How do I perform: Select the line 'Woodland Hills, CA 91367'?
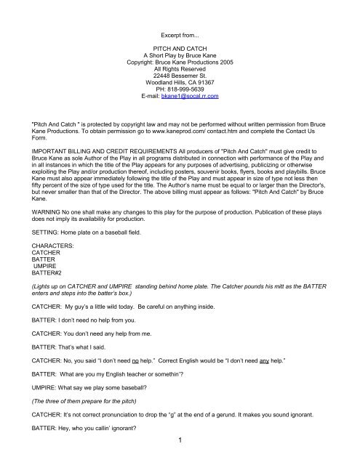coord(180,79)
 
